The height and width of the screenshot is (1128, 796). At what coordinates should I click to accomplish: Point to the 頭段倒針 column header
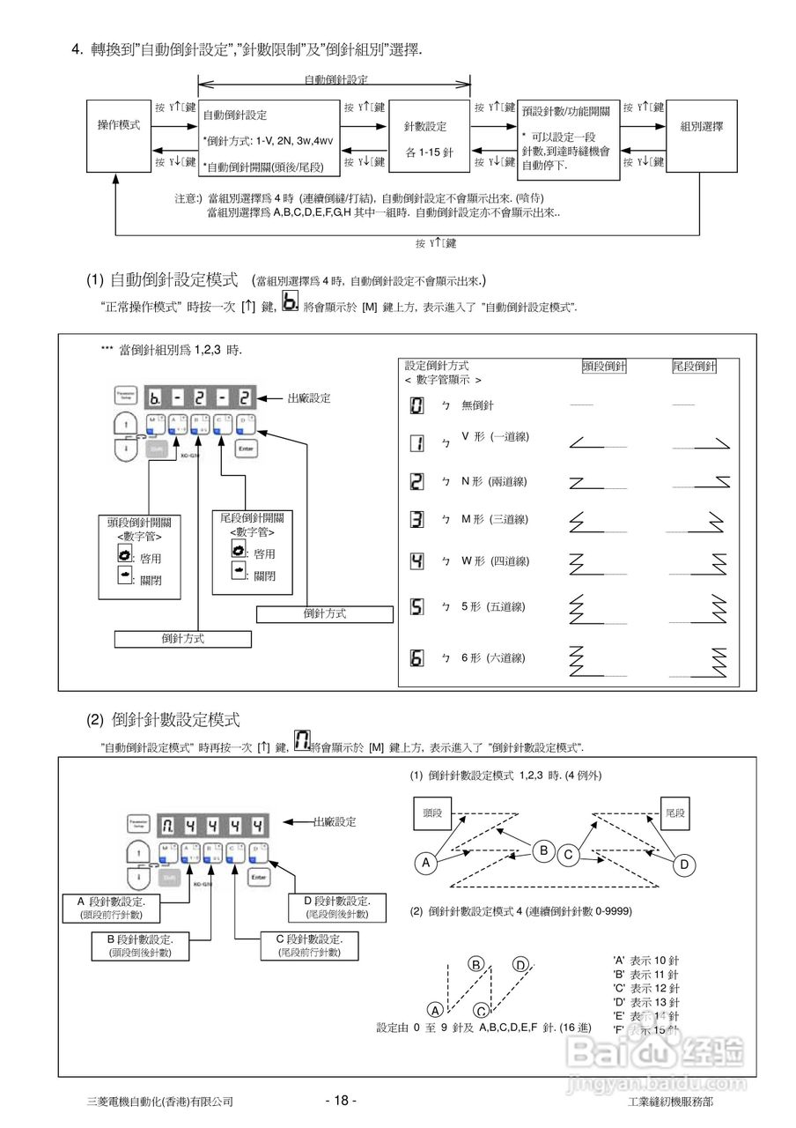(x=605, y=366)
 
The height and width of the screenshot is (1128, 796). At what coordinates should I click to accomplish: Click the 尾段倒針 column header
(x=695, y=366)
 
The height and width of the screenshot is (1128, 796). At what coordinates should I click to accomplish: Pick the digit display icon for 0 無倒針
(x=417, y=405)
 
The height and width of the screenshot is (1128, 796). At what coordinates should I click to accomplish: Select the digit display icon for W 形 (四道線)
(x=417, y=560)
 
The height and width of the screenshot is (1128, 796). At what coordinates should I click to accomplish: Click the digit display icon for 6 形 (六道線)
(x=417, y=658)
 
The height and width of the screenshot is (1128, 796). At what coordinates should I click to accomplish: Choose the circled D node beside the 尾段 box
(x=684, y=865)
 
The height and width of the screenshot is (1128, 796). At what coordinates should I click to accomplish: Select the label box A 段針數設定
(x=112, y=908)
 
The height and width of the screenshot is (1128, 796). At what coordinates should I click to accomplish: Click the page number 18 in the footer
(x=341, y=1101)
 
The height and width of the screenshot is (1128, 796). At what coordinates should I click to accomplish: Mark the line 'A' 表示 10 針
(x=645, y=961)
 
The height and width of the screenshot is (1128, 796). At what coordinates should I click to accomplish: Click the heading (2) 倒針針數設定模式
(x=163, y=720)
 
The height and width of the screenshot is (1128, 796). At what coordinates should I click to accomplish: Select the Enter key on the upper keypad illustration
(x=247, y=448)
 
